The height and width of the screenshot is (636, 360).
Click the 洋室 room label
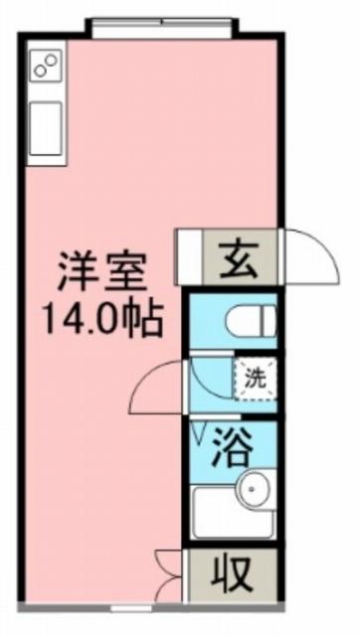[101, 271]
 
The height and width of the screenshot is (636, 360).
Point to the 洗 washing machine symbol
[256, 379]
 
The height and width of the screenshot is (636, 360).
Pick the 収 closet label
[230, 574]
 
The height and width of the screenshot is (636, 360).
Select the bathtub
[233, 512]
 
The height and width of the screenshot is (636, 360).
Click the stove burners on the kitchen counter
[46, 66]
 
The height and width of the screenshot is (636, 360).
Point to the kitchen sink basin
[46, 128]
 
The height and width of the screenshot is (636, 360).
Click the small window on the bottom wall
[132, 608]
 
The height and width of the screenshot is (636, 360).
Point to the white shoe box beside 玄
[189, 257]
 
